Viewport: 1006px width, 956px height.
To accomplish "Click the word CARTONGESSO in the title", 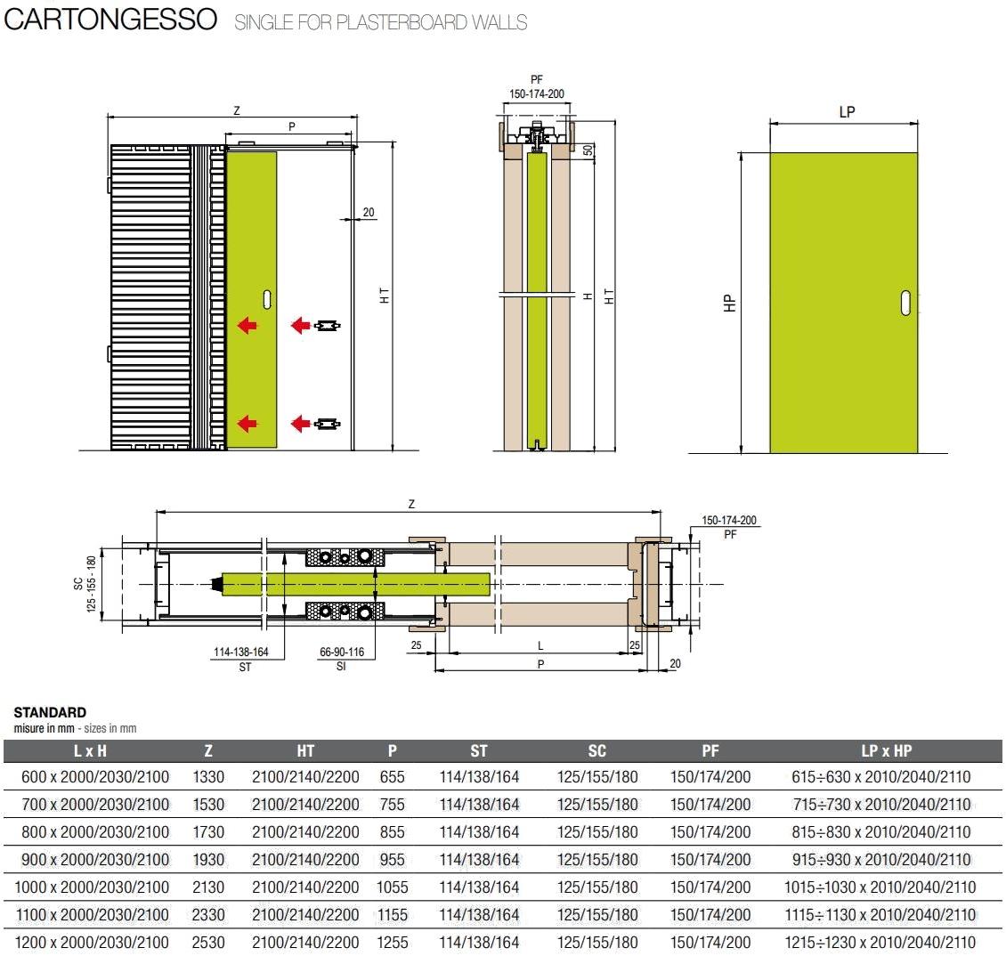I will point(110,20).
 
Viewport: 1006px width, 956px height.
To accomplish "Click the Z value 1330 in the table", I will point(208,776).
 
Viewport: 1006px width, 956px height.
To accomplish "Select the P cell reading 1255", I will point(392,942).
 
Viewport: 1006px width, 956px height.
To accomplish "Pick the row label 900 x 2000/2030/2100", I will point(94,859).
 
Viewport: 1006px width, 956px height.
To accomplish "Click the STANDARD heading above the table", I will point(50,712).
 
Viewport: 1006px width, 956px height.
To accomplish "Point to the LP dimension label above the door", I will point(847,112).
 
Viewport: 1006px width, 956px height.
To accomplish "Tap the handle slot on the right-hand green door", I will point(905,303).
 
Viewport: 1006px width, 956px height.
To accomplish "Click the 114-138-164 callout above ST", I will point(240,652).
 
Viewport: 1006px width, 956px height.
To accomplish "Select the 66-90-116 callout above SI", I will point(342,652).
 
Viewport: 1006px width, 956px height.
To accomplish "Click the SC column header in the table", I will point(597,750).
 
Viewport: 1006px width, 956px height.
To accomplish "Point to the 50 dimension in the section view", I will point(588,150).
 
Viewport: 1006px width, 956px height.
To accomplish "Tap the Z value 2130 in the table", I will point(208,887).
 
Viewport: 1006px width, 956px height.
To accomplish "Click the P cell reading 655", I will point(392,776).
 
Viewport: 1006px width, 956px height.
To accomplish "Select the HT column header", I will point(305,750).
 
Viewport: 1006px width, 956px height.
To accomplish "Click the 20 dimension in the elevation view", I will point(369,212).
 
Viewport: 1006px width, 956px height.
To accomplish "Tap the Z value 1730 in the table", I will point(208,831).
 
